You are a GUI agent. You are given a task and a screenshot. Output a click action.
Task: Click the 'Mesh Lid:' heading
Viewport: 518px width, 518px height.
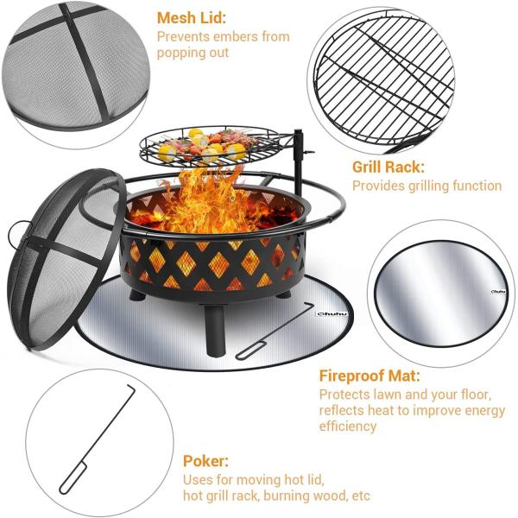193,17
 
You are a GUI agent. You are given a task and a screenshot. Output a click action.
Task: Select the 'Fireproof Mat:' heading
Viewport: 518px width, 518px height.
370,376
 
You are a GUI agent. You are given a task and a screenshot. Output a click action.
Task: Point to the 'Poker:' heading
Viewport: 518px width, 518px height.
205,461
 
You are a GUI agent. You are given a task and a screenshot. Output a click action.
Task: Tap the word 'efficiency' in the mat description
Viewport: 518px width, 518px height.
348,426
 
